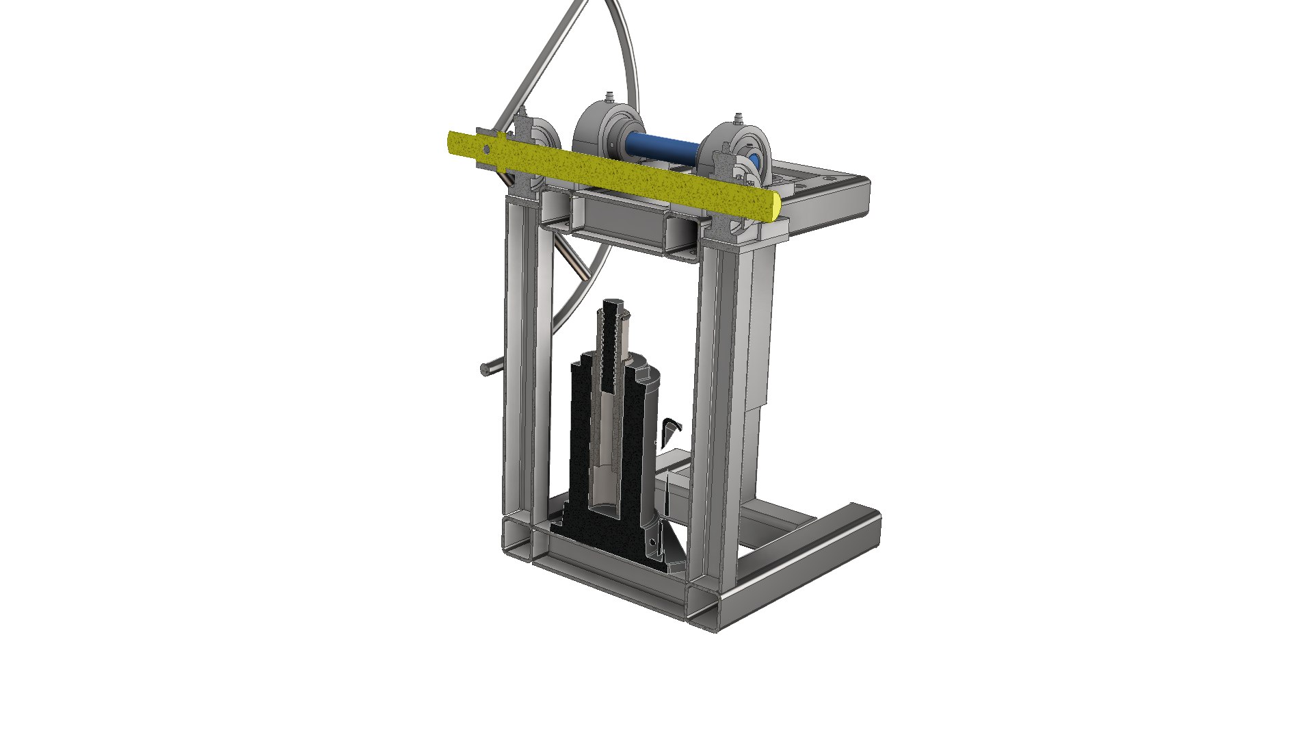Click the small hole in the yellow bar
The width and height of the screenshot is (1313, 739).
(486, 150)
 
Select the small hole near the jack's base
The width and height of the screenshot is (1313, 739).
(653, 542)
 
